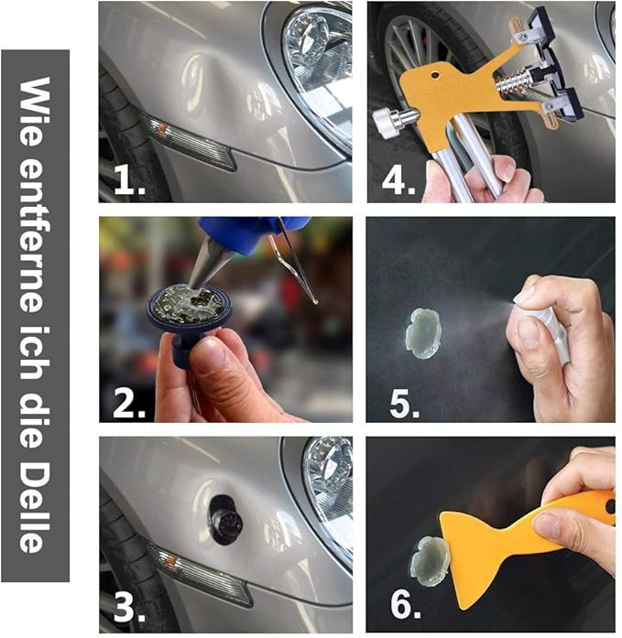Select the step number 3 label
(x=129, y=608)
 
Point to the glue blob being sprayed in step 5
(x=422, y=334)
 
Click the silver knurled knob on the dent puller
(x=386, y=123)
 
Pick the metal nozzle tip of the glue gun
(x=204, y=263)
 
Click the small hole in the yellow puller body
(x=435, y=75)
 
